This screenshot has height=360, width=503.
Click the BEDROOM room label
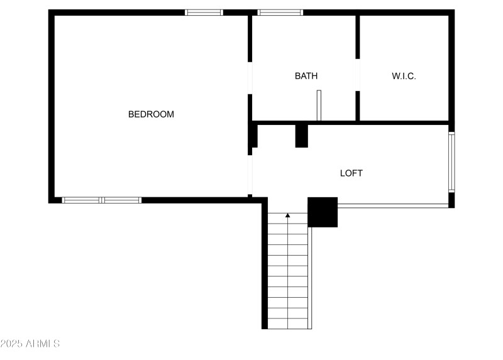click(x=151, y=114)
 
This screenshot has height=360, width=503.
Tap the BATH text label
click(x=306, y=76)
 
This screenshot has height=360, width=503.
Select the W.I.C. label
click(x=404, y=76)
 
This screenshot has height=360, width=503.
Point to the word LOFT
click(x=351, y=173)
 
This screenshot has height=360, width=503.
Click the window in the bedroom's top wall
click(x=204, y=12)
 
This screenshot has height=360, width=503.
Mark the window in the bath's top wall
click(x=280, y=12)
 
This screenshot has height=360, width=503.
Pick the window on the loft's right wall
click(x=451, y=161)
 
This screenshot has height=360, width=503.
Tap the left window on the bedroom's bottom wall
click(x=81, y=200)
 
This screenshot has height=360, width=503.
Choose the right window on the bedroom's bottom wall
click(x=122, y=200)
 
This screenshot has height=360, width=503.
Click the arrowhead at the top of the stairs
click(x=288, y=215)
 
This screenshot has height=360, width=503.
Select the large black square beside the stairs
click(x=323, y=212)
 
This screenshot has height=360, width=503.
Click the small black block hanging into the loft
click(x=302, y=136)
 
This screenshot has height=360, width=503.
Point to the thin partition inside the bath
click(x=319, y=105)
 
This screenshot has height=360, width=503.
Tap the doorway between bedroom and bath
click(x=250, y=78)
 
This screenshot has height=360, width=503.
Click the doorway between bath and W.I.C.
click(x=358, y=75)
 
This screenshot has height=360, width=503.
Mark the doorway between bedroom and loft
click(x=250, y=174)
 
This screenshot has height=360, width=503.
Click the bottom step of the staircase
click(x=289, y=324)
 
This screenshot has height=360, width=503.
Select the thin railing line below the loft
click(x=393, y=205)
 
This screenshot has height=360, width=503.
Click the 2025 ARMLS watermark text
click(x=30, y=344)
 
